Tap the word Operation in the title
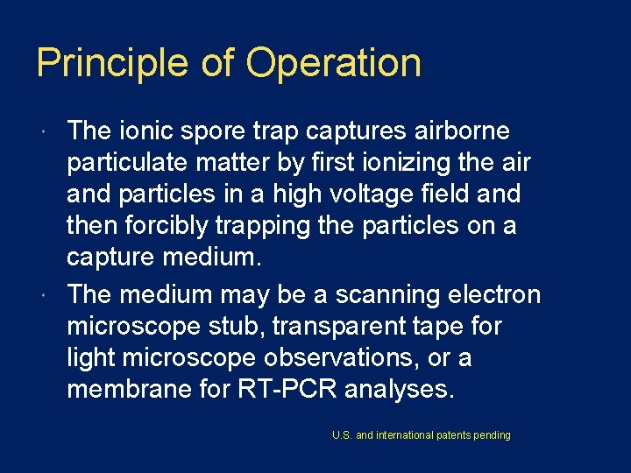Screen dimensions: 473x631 coord(334,63)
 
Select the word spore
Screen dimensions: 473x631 coord(201,131)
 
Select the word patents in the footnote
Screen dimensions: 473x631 coord(448,435)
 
